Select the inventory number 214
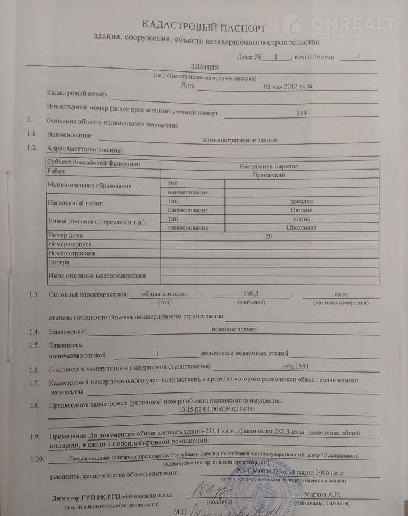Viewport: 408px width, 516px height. (x=301, y=113)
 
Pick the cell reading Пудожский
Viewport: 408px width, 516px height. (x=269, y=175)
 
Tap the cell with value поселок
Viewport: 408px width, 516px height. (x=301, y=201)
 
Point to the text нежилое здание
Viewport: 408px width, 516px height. (x=234, y=329)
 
